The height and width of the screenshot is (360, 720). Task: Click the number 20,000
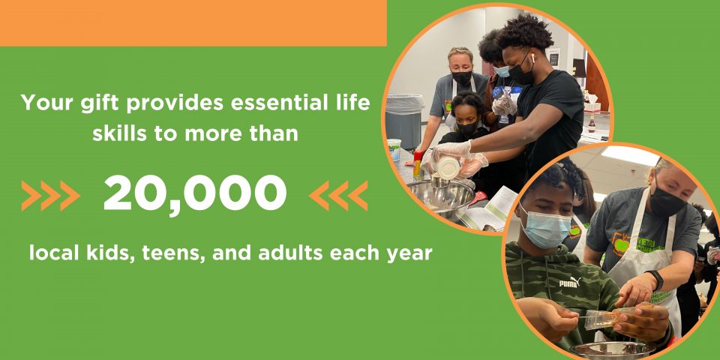[195, 193]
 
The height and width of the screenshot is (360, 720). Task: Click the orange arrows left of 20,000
[50, 196]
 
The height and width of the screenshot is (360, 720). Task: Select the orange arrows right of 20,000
[338, 196]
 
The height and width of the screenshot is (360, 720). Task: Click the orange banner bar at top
[193, 23]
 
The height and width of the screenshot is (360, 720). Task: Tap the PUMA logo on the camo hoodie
[570, 283]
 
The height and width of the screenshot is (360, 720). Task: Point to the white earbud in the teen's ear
[532, 57]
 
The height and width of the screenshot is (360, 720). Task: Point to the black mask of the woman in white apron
[666, 202]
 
